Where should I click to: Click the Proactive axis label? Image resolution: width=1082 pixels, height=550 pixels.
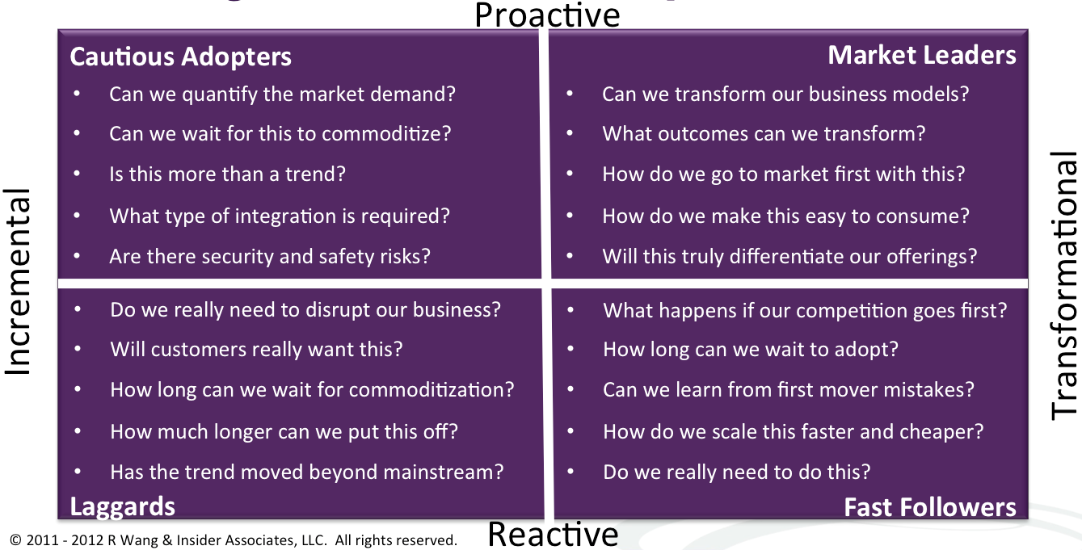[x=547, y=15]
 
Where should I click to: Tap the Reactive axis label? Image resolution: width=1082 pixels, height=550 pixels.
[x=553, y=535]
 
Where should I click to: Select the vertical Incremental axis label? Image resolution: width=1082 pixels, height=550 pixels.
[x=18, y=282]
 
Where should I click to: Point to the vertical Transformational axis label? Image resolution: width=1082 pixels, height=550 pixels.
[x=1063, y=285]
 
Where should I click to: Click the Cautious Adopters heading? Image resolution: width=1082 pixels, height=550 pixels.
[x=181, y=57]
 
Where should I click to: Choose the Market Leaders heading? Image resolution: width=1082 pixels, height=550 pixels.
[x=922, y=55]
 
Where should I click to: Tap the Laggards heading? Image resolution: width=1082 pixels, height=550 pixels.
[x=122, y=507]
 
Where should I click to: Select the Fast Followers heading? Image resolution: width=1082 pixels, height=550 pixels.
[x=930, y=507]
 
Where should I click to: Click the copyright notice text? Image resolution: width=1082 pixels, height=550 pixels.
[x=233, y=540]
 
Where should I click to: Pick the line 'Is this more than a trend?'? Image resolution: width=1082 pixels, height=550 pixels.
[x=228, y=174]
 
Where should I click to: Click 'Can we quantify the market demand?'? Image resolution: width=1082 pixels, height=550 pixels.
[x=283, y=94]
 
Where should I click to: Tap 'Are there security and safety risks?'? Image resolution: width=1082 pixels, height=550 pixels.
[x=270, y=256]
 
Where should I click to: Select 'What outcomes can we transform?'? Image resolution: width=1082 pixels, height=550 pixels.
[x=764, y=134]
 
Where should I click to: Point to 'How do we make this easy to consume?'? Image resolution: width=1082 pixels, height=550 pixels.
[x=786, y=216]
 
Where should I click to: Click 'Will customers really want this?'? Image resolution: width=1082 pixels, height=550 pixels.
[x=256, y=349]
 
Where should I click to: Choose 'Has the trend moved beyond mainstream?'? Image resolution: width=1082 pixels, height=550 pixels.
[x=307, y=472]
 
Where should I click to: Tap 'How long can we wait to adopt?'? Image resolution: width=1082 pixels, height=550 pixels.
[x=751, y=349]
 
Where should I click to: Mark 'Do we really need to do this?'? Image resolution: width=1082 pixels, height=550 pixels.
[x=737, y=472]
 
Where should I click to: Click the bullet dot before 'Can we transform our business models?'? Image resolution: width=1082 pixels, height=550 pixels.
[x=570, y=94]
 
